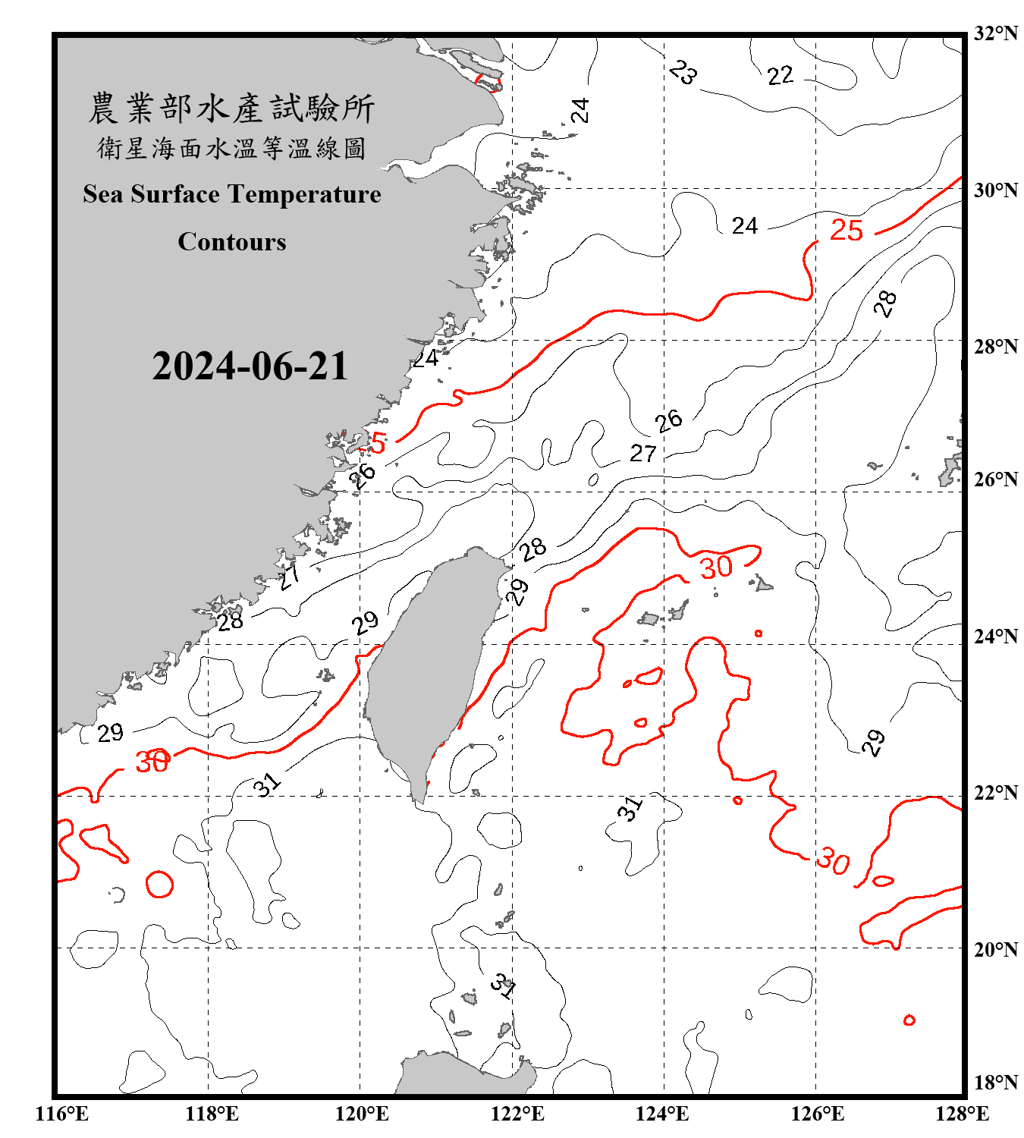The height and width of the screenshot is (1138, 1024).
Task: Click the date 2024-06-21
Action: pyautogui.click(x=250, y=366)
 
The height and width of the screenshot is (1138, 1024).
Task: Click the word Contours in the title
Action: pyautogui.click(x=231, y=242)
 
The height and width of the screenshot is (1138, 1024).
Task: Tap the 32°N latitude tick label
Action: pyautogui.click(x=995, y=33)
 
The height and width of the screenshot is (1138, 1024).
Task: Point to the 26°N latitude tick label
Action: pyautogui.click(x=995, y=479)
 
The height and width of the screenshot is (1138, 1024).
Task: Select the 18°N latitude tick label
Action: pyautogui.click(x=995, y=1083)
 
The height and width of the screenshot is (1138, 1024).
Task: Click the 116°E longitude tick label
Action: pyautogui.click(x=62, y=1114)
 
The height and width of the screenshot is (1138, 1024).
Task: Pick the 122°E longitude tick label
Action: pyautogui.click(x=517, y=1114)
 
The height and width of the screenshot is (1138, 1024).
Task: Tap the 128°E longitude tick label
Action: pyautogui.click(x=962, y=1114)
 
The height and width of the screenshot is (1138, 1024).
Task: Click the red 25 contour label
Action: pyautogui.click(x=846, y=230)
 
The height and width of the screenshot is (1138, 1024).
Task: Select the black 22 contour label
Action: pyautogui.click(x=780, y=76)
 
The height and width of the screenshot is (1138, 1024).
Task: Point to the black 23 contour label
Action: pyautogui.click(x=683, y=73)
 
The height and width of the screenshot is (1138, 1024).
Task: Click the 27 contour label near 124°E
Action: pyautogui.click(x=642, y=454)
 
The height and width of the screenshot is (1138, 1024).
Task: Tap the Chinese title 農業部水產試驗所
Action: pyautogui.click(x=231, y=108)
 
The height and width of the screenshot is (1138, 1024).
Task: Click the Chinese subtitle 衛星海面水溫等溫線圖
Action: pyautogui.click(x=231, y=148)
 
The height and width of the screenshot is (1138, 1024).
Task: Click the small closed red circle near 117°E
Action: pyautogui.click(x=159, y=884)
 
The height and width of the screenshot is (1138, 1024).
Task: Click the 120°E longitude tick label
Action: pyautogui.click(x=362, y=1114)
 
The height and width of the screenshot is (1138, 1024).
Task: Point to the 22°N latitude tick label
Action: pyautogui.click(x=995, y=793)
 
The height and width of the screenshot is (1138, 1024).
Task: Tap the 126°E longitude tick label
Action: pyautogui.click(x=817, y=1114)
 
